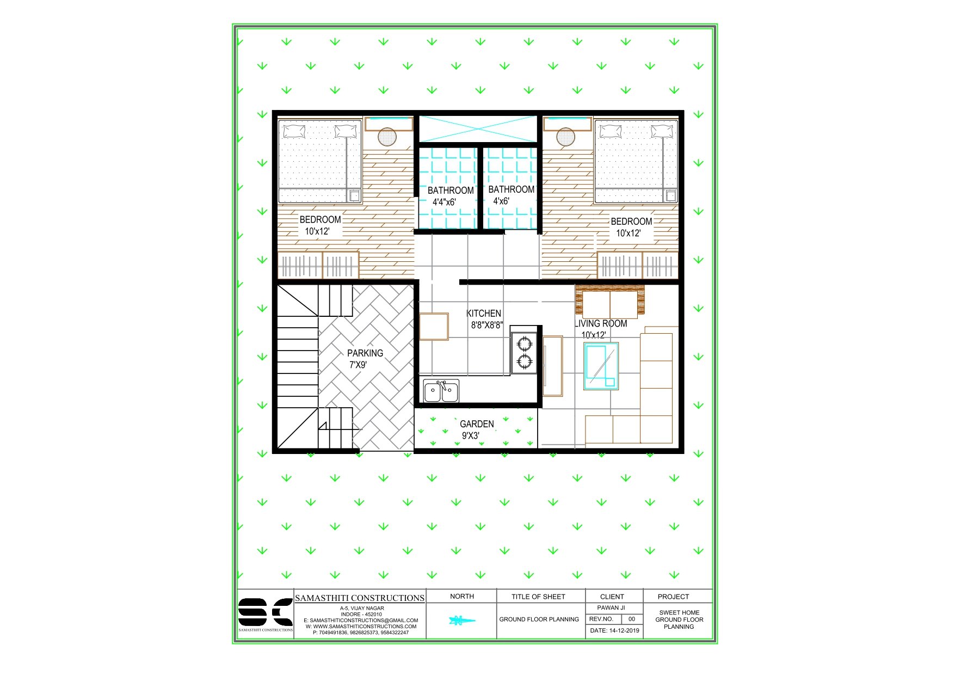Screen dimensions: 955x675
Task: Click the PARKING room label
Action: pyautogui.click(x=365, y=353)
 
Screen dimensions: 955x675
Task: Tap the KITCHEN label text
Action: pyautogui.click(x=484, y=314)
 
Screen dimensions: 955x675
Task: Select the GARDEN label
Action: pyautogui.click(x=477, y=424)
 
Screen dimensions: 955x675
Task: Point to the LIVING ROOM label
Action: pyautogui.click(x=601, y=323)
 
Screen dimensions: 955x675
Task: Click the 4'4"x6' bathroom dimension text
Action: pyautogui.click(x=444, y=202)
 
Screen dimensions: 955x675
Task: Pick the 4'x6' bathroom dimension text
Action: pyautogui.click(x=501, y=201)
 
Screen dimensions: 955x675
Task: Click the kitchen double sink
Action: pyautogui.click(x=441, y=391)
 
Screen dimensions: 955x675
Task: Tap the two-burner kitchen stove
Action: pyautogui.click(x=524, y=352)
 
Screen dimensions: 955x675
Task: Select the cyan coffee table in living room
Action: pyautogui.click(x=601, y=366)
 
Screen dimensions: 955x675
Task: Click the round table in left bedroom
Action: pyautogui.click(x=387, y=137)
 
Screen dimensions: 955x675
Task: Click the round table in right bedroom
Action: pyautogui.click(x=565, y=137)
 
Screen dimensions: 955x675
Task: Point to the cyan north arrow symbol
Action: pyautogui.click(x=461, y=620)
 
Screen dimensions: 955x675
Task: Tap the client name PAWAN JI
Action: pyautogui.click(x=611, y=607)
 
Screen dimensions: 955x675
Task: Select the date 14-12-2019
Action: pyautogui.click(x=614, y=630)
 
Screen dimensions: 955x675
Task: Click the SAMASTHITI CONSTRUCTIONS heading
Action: pyautogui.click(x=360, y=598)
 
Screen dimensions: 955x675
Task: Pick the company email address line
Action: pyautogui.click(x=361, y=621)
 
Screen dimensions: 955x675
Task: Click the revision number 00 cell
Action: pyautogui.click(x=632, y=619)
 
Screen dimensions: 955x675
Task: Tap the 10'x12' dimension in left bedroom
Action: pyautogui.click(x=317, y=231)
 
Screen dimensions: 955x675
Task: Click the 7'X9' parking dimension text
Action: pyautogui.click(x=358, y=365)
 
